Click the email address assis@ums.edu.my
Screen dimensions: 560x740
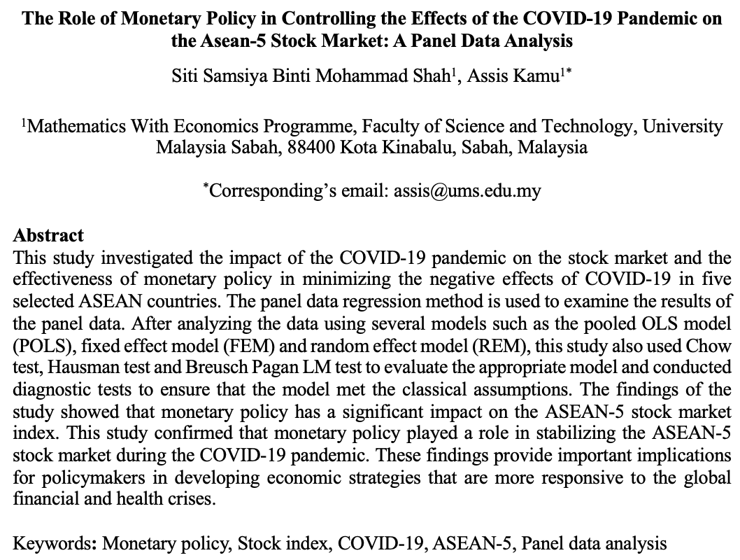465,190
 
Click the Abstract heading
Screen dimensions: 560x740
48,235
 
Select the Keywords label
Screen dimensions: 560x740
57,542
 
